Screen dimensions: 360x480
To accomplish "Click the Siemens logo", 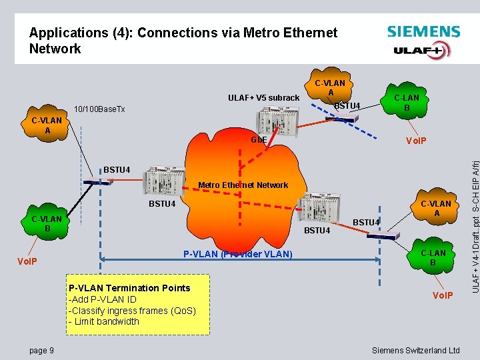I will click(x=423, y=31).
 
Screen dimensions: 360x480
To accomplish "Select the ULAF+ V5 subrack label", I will click(x=264, y=98).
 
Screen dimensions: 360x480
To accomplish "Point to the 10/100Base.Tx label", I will click(x=99, y=109).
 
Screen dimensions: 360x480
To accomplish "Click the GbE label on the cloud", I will click(x=259, y=141).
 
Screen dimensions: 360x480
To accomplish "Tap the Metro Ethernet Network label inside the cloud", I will click(x=244, y=185).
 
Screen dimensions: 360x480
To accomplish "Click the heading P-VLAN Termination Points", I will click(x=129, y=288).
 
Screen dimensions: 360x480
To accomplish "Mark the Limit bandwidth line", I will click(x=104, y=321).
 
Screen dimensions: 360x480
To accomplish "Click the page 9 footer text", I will click(x=42, y=350).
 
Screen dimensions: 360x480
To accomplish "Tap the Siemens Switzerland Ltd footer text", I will click(x=416, y=350).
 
